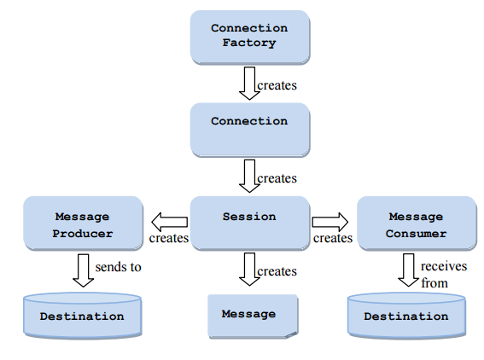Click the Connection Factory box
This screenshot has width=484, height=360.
(250, 38)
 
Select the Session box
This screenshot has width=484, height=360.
(250, 223)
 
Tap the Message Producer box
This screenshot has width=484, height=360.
(84, 223)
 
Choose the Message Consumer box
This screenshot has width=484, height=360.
(417, 223)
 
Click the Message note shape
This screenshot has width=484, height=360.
(253, 316)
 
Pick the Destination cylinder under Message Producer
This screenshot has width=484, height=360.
(83, 316)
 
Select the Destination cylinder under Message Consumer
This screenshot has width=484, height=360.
(406, 316)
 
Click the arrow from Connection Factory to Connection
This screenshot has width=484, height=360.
(249, 84)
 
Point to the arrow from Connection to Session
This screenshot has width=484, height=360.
(249, 176)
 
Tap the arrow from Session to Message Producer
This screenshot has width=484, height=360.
(170, 222)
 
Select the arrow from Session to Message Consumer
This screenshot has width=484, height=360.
(330, 222)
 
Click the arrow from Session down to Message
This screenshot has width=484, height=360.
(249, 270)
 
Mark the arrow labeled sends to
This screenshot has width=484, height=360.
(84, 270)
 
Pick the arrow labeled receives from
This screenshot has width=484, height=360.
(409, 270)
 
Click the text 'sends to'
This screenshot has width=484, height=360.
(118, 267)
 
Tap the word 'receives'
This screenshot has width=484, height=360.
(444, 266)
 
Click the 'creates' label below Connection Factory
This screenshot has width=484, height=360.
(277, 85)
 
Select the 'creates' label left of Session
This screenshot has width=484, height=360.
(169, 238)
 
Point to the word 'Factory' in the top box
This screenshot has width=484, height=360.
(249, 43)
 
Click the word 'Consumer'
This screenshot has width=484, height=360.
(416, 234)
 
